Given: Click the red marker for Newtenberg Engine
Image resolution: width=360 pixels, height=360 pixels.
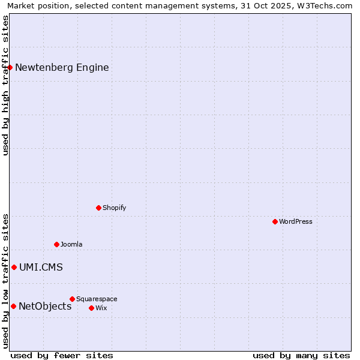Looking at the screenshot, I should pos(10,67).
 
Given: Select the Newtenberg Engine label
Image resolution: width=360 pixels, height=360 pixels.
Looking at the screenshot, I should pos(62,67).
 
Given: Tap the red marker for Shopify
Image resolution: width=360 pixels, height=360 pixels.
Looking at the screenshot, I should pos(98,208).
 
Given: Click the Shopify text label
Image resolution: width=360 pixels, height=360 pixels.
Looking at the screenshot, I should pos(114,208).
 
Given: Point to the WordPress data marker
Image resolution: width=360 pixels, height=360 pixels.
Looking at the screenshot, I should pos(275,221).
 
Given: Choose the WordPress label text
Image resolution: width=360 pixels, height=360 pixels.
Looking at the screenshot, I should pos(295,221).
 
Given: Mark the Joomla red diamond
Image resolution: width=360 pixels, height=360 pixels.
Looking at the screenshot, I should pos(56,244).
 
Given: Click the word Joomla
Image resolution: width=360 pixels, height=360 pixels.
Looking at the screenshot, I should pos(71,244).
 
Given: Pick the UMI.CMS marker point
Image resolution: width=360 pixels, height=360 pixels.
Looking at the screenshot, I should pos(14,267).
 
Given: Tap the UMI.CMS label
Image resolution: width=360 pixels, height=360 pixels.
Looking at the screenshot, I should pos(41,267).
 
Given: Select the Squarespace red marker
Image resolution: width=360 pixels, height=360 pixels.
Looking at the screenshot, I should pos(72,299).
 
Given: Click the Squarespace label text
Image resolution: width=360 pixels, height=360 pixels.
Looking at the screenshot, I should pos(97,299).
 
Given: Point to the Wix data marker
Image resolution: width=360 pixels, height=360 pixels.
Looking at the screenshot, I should pos(91,308).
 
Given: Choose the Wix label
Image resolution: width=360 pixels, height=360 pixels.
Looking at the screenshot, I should pos(101,308).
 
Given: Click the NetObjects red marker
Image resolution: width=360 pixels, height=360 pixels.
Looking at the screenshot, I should pos(13,306).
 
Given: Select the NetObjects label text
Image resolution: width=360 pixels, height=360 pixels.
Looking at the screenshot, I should pos(45,306).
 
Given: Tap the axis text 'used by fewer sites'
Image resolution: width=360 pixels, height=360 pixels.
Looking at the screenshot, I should pos(62,355).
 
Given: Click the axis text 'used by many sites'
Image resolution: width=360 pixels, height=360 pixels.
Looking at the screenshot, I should pos(301,355).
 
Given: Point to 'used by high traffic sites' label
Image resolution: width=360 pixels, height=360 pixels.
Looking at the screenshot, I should pos(5,85).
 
